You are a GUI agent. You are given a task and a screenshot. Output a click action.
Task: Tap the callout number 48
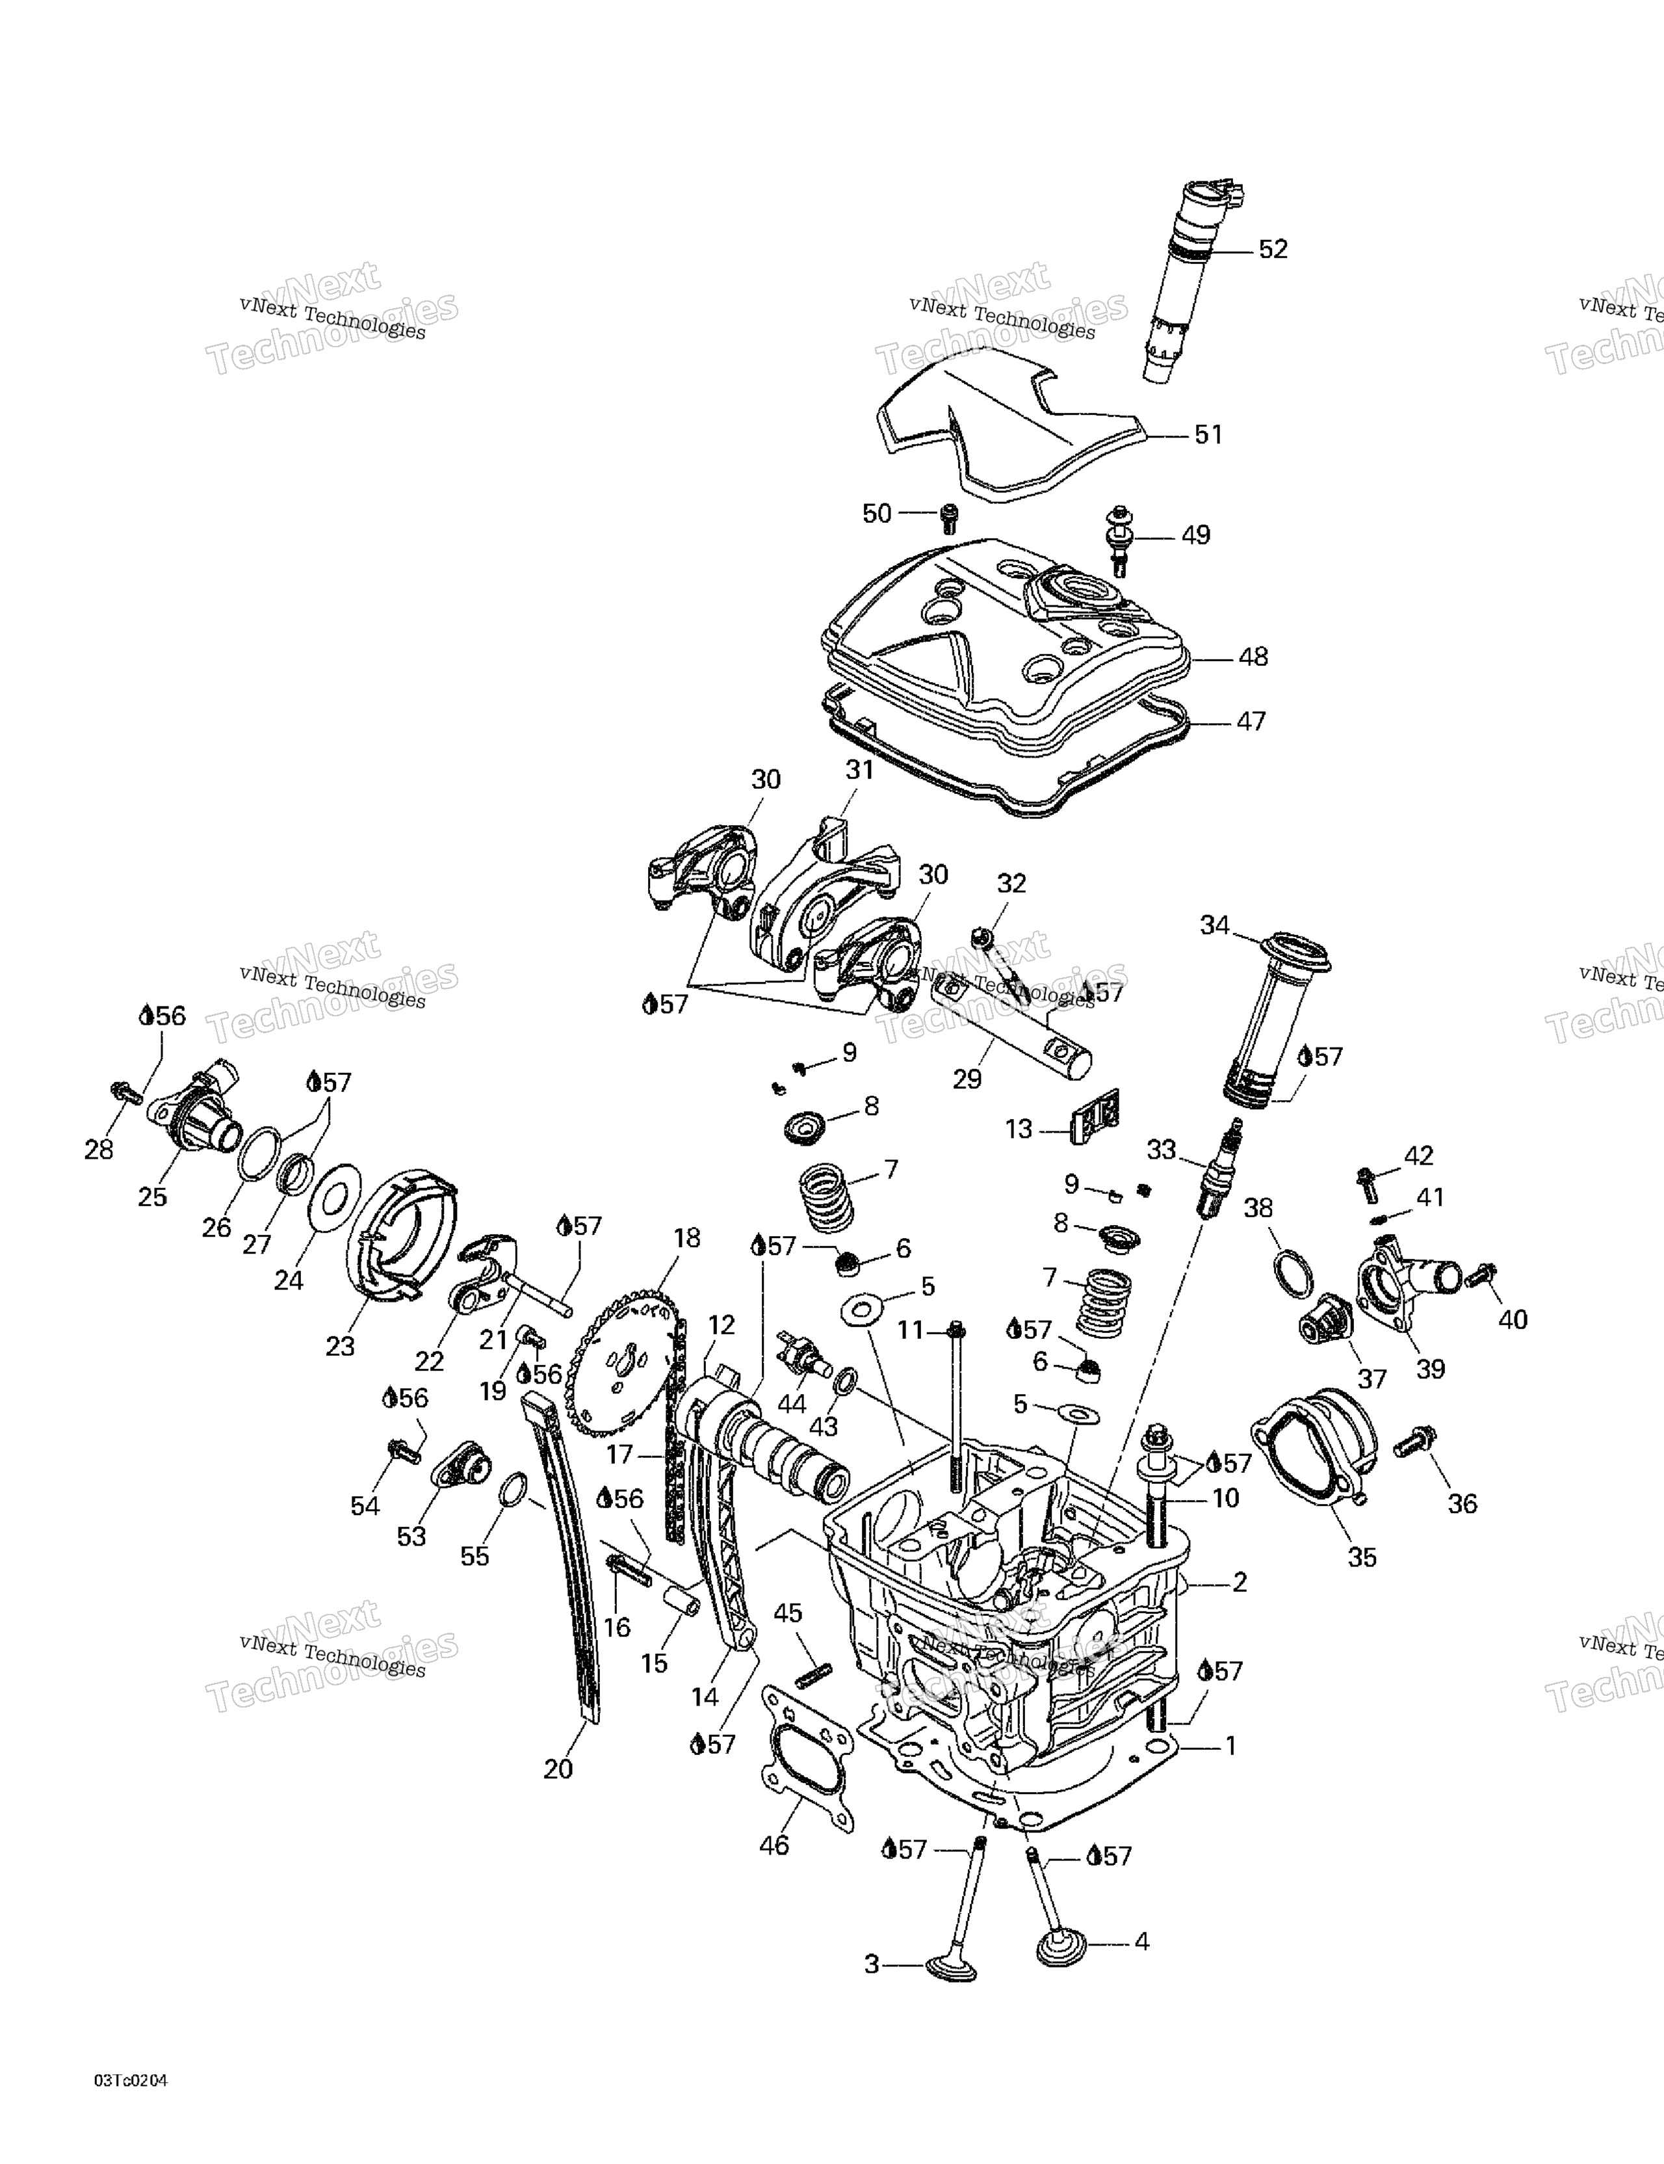1253,657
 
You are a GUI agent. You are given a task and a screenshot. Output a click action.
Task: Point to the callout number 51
1208,435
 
